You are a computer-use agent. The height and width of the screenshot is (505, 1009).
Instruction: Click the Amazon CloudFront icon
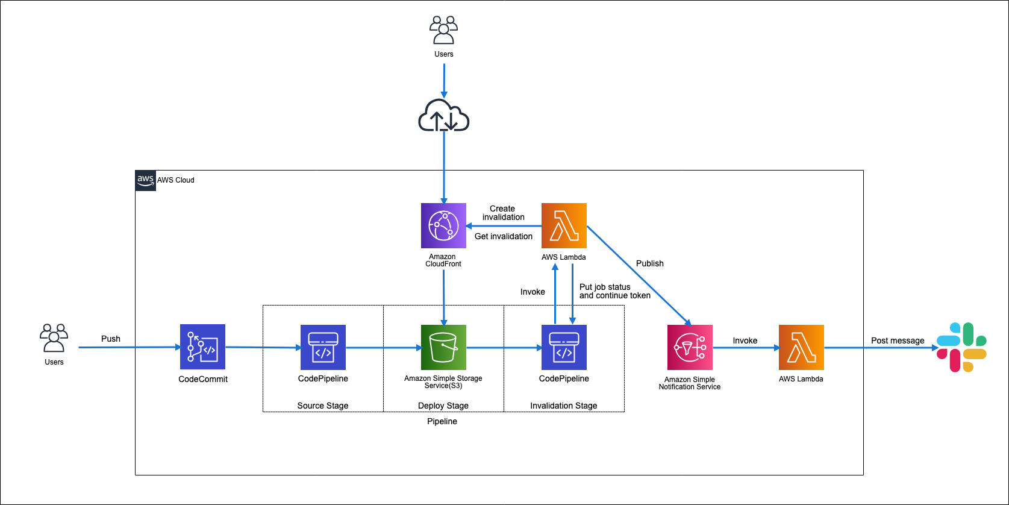tap(443, 225)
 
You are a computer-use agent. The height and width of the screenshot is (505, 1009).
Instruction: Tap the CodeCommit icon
tap(202, 347)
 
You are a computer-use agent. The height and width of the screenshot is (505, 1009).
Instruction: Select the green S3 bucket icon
tap(443, 347)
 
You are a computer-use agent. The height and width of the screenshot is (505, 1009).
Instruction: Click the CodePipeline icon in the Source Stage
tap(323, 347)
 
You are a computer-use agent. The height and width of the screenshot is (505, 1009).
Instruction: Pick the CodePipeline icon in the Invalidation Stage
tap(564, 347)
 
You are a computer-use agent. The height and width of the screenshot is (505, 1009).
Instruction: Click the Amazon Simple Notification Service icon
tap(690, 347)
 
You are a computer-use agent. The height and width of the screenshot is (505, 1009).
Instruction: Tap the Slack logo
tap(961, 347)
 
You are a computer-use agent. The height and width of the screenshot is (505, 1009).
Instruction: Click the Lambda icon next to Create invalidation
tap(564, 225)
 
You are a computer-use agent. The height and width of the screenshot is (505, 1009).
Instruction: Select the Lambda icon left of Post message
tap(801, 347)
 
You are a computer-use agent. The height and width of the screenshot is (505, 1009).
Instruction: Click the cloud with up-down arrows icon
tap(444, 116)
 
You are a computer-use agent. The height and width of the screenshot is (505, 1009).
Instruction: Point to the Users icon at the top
tap(444, 30)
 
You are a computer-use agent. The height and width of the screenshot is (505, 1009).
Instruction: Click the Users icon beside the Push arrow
tap(54, 338)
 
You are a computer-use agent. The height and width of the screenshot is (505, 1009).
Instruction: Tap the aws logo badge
tap(145, 180)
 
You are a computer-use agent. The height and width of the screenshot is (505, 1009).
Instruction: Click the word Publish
tap(649, 263)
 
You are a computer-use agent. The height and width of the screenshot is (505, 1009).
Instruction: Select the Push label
tap(111, 339)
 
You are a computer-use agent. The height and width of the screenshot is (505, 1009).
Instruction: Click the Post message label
tap(897, 340)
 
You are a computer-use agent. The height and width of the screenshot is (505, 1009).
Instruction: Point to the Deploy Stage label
tap(443, 406)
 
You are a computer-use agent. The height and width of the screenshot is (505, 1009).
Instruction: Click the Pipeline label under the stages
tap(442, 421)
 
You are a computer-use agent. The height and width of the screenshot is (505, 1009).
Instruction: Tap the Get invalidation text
tap(504, 236)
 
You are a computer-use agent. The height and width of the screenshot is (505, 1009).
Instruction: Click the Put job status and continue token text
tap(614, 291)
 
